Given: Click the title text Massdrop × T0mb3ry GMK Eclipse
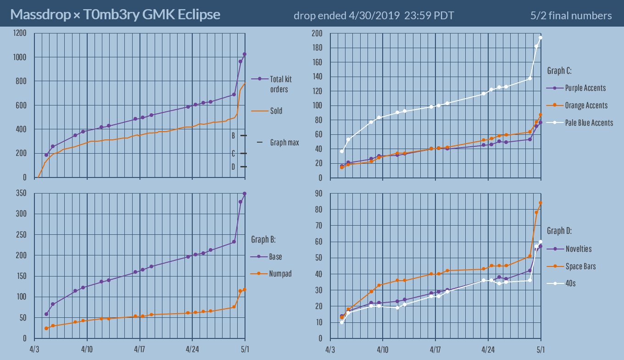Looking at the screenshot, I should pos(115,15).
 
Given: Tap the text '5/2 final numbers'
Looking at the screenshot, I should pos(571,16).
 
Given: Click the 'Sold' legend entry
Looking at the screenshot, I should pos(276,111).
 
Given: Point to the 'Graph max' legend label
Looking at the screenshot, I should pos(284,143).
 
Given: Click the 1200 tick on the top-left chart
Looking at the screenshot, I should pos(20,33).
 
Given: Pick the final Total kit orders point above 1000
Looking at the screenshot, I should pos(245,54).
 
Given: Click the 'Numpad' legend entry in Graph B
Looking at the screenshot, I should pos(280,274).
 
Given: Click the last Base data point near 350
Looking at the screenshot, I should pos(245,194).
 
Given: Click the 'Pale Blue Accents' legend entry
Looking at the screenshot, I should pos(589,122).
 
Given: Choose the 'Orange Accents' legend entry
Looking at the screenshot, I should pos(586,105).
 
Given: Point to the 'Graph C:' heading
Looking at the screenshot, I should pos(559,71).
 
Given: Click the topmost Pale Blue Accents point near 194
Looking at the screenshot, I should pos(540,38).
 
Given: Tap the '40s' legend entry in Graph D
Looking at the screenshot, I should pos(570,283).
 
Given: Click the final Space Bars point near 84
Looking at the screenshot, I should pos(540,203).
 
